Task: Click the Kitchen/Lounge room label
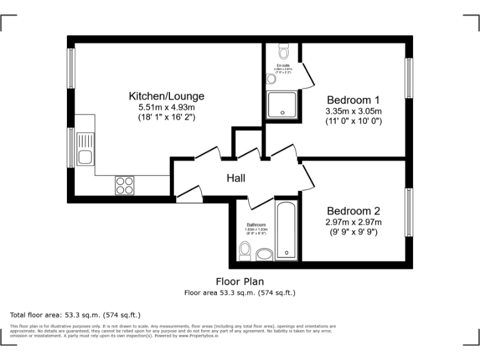click(x=166, y=96)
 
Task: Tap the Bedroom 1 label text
click(x=353, y=100)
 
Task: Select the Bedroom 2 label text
click(x=353, y=211)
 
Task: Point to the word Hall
click(x=236, y=178)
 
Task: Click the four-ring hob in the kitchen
click(x=124, y=185)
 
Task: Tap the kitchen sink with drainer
click(x=84, y=150)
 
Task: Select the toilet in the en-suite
click(x=283, y=51)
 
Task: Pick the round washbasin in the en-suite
click(x=271, y=79)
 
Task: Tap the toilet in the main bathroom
click(x=245, y=252)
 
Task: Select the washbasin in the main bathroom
click(x=264, y=254)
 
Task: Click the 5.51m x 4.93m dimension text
click(x=166, y=107)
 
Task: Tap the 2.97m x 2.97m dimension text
click(x=353, y=222)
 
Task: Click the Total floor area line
click(x=76, y=314)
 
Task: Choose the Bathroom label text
click(x=256, y=225)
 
